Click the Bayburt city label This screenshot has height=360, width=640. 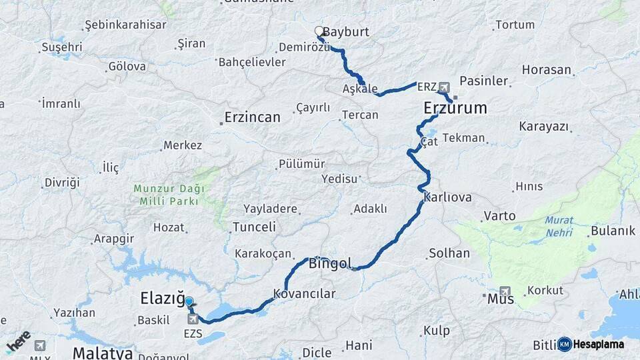click(345, 32)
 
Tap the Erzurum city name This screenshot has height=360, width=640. click(455, 108)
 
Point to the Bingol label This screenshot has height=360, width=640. click(330, 264)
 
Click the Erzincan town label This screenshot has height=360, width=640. click(252, 117)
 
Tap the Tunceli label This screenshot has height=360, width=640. click(254, 227)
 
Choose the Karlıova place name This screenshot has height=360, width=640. click(448, 197)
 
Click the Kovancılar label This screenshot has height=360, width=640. click(305, 293)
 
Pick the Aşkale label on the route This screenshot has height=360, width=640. click(360, 89)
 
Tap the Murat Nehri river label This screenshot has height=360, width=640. click(559, 226)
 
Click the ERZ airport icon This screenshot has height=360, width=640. click(445, 87)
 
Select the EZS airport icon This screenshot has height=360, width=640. click(193, 319)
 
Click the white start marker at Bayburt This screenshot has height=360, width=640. click(319, 31)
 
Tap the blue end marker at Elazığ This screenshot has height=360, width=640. click(189, 302)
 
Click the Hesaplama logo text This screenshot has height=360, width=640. click(598, 344)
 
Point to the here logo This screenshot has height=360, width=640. click(18, 341)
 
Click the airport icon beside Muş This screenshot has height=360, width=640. click(505, 292)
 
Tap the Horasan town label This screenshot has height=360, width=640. click(547, 69)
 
